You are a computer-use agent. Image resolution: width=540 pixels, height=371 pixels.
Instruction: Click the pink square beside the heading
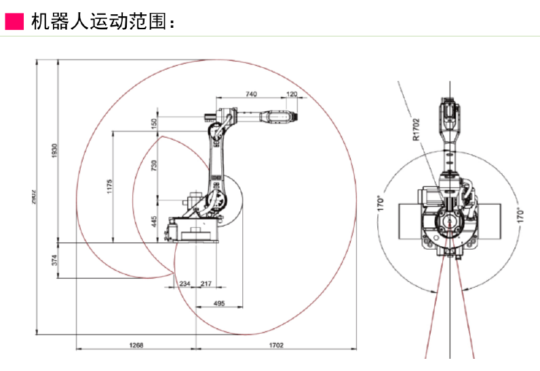(x=14, y=21)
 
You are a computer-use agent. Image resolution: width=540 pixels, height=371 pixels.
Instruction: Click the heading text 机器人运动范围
(x=98, y=21)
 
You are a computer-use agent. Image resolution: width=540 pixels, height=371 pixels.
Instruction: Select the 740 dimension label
(x=251, y=94)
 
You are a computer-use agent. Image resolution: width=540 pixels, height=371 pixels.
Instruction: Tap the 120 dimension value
(x=292, y=94)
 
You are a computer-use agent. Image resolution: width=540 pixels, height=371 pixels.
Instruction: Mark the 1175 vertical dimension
(x=109, y=186)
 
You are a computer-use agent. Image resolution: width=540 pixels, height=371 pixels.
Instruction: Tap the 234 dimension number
(x=184, y=284)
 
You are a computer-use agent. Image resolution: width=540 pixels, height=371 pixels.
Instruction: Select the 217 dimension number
(x=206, y=284)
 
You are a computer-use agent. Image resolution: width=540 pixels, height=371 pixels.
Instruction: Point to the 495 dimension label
(x=219, y=303)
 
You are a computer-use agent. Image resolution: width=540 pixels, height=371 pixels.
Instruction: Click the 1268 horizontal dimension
(x=136, y=345)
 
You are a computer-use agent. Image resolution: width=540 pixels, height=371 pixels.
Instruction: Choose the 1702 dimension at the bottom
(x=275, y=345)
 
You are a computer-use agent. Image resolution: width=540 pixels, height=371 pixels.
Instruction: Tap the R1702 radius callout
(x=417, y=129)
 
